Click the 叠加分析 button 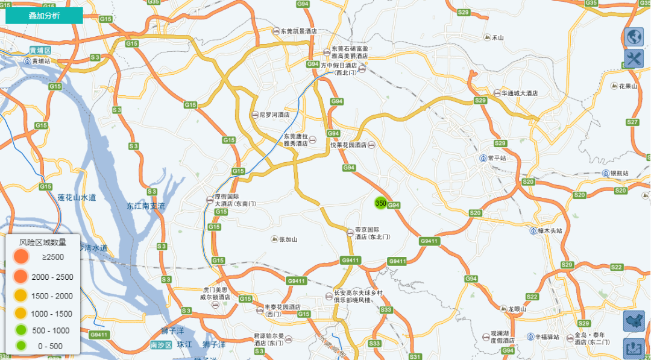coord(44,16)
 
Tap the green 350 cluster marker coord(380,203)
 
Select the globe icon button coord(634,37)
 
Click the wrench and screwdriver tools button coord(634,59)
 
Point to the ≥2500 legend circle coord(20,257)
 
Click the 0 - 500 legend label coord(50,346)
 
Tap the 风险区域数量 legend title coord(42,242)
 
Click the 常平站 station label coord(497,158)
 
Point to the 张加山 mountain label coord(288,239)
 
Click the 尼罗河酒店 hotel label coord(274,115)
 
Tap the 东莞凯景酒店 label coord(299,31)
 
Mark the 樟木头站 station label coord(550,231)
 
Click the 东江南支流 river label coord(145,206)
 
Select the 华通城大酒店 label coord(520,93)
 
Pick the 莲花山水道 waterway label coord(77,197)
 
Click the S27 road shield coord(632,122)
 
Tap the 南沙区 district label coord(161,345)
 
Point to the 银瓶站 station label coord(619,173)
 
